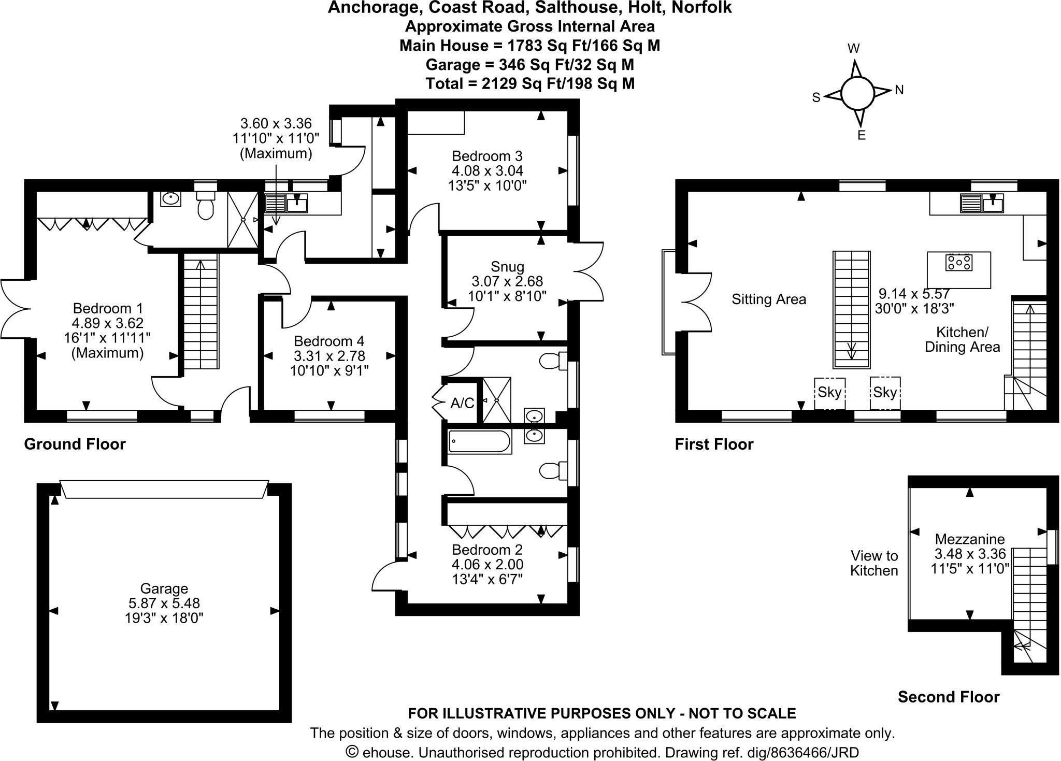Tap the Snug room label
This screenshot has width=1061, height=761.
click(x=507, y=267)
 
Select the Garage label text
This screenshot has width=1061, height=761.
click(x=164, y=588)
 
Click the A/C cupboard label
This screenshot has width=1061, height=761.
click(x=462, y=403)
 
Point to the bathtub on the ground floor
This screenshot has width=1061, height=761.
click(x=479, y=442)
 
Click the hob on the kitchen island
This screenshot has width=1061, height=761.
click(x=958, y=263)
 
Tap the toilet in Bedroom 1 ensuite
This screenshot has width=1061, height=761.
click(x=206, y=206)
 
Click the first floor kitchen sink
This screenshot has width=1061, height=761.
click(x=982, y=203)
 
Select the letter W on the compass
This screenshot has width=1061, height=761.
click(x=853, y=49)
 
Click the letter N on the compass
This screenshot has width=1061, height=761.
click(x=899, y=90)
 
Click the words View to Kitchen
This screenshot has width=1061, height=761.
click(x=874, y=563)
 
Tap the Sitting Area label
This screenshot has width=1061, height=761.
click(x=769, y=299)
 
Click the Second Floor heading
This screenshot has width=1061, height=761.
click(x=948, y=697)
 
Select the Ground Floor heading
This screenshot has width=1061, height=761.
click(x=75, y=444)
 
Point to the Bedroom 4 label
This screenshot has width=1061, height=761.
click(x=329, y=341)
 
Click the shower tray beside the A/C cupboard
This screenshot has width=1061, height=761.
click(x=496, y=400)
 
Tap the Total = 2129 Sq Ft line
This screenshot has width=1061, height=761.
click(x=529, y=83)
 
